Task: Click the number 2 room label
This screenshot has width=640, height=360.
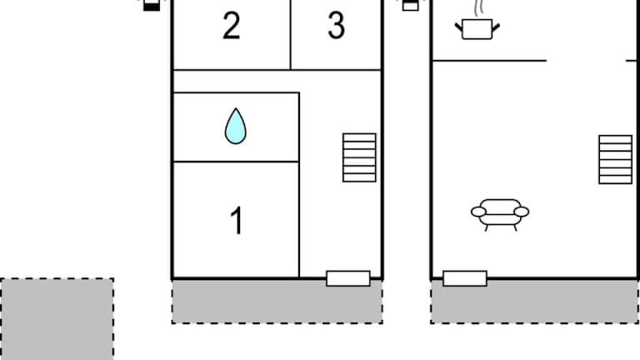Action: (x=232, y=25)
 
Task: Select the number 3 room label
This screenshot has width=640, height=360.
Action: (x=337, y=25)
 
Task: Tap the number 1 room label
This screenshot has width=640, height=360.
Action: (x=237, y=220)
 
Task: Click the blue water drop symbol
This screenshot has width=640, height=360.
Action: (x=236, y=126)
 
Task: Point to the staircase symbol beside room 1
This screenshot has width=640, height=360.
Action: (x=359, y=157)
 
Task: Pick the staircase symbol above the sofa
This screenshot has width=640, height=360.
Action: (x=616, y=160)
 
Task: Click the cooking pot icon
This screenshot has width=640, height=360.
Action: (x=477, y=29)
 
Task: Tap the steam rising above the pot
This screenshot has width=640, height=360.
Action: (x=478, y=8)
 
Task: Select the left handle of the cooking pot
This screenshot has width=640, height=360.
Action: (x=459, y=27)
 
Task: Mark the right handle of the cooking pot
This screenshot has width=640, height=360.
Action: (x=496, y=27)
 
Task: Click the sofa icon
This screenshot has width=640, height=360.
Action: (x=500, y=215)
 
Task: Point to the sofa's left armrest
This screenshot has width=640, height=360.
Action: (x=478, y=212)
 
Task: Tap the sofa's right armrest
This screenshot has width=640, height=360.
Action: (x=521, y=212)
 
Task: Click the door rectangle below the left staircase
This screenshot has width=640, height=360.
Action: (x=348, y=278)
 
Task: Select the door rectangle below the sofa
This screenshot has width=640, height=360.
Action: (x=465, y=278)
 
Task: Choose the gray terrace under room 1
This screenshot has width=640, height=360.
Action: (x=277, y=302)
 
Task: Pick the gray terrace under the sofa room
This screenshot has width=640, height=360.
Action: (x=535, y=302)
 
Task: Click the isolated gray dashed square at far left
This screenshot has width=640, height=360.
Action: (x=57, y=319)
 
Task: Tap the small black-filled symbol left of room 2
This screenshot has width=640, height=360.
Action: (x=152, y=6)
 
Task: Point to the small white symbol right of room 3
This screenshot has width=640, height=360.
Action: (x=411, y=6)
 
